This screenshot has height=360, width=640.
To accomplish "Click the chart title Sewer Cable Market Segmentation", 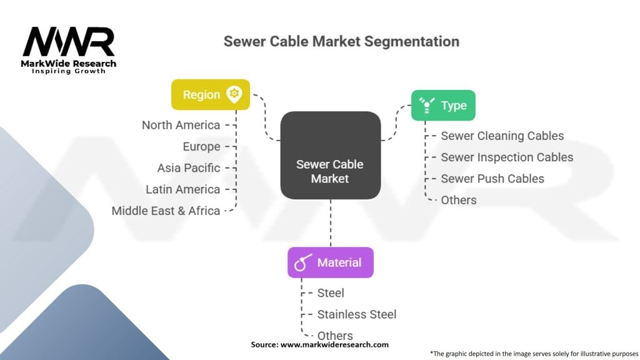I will (341, 42).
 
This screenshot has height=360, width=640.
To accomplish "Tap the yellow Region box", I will (211, 95).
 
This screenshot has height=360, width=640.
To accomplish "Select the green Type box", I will (442, 106).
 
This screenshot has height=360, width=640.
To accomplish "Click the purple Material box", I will (330, 262).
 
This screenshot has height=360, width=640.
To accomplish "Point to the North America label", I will (181, 125).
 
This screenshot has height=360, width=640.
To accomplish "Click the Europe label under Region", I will (201, 147).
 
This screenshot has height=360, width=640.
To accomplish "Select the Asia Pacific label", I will (189, 168).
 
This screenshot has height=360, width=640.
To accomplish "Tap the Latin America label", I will (182, 189).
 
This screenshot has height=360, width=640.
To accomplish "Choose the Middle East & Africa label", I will (166, 211).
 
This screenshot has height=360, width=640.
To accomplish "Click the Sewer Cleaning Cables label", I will (502, 136).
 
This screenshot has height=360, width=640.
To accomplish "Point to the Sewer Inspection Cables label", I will (507, 157).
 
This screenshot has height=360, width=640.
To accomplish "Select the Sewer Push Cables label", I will (492, 179).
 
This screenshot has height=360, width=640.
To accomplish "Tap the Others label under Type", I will (459, 200).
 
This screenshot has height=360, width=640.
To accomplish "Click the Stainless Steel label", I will (356, 314).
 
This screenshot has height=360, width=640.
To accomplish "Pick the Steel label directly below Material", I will (331, 292).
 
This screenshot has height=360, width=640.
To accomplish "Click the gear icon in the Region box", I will (234, 95).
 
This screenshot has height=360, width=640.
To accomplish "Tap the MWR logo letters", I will (69, 42).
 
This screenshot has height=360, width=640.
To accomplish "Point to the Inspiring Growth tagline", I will (69, 71).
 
